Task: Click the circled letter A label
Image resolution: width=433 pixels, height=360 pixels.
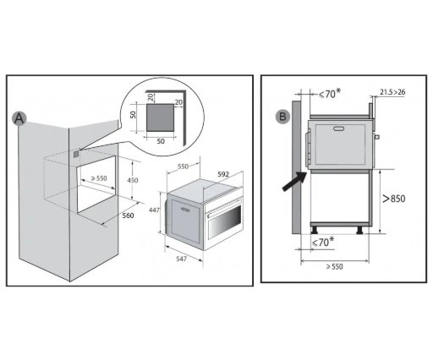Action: (x=19, y=118)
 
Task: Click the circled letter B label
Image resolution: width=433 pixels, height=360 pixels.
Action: (x=282, y=117)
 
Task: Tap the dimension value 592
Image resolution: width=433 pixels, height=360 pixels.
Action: (x=223, y=174)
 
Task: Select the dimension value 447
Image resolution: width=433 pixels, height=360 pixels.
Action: (x=154, y=210)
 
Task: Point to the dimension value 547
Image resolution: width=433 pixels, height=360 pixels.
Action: (x=181, y=259)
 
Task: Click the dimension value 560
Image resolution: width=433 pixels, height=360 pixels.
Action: (x=128, y=215)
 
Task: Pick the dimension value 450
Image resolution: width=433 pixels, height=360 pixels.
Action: (x=133, y=180)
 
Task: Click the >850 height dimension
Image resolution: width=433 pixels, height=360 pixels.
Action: (x=394, y=199)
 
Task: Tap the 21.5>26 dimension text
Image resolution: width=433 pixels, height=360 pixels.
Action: (x=392, y=92)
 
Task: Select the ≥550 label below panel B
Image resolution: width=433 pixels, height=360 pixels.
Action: (x=334, y=266)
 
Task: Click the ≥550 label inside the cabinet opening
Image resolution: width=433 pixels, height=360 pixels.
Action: (x=99, y=178)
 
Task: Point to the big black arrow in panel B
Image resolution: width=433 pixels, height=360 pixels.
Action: (x=294, y=182)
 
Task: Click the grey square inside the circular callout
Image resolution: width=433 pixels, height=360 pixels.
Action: (x=160, y=117)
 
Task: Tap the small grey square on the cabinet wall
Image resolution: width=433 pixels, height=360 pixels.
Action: (x=76, y=154)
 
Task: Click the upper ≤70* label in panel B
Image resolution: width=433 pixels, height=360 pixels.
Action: (x=330, y=94)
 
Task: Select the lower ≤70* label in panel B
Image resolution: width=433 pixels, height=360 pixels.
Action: (x=323, y=242)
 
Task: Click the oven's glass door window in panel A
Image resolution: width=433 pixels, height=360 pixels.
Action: (x=225, y=221)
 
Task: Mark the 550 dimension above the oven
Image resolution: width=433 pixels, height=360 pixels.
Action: (x=183, y=166)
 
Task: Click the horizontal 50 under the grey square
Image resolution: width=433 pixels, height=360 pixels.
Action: (x=161, y=141)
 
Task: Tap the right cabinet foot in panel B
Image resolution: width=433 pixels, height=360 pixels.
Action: (x=360, y=230)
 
